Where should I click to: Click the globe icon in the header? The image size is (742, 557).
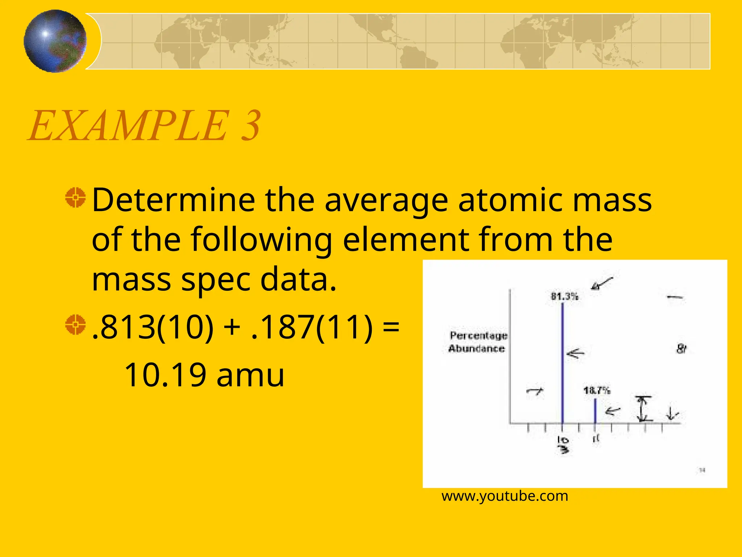[55, 41]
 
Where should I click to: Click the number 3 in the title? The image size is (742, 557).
[250, 126]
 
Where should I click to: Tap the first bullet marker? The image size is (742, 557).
[75, 198]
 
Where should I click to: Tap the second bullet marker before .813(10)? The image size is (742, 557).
[75, 325]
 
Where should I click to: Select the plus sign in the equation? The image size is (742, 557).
[232, 327]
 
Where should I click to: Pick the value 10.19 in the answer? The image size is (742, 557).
[165, 375]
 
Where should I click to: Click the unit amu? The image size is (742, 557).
[250, 376]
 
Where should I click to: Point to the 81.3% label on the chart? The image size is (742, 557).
[564, 296]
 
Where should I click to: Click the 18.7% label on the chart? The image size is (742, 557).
[597, 391]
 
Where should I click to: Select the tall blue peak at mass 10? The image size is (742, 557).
[562, 363]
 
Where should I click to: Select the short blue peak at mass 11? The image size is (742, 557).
[595, 410]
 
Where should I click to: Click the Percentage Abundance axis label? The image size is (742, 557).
[478, 342]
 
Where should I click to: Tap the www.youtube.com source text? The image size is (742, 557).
[505, 496]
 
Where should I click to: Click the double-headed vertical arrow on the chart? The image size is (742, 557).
[642, 409]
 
